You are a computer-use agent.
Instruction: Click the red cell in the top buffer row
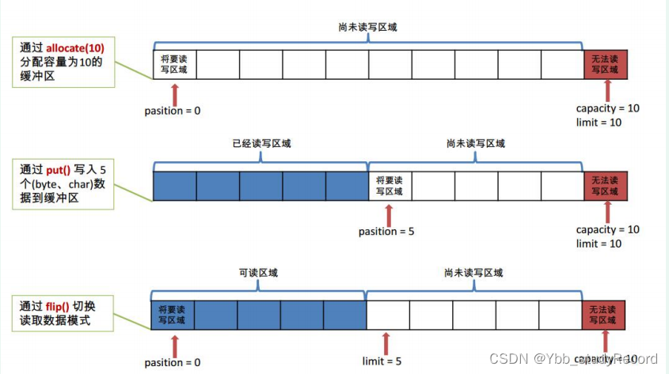coord(606,63)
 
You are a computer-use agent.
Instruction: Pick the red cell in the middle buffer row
coord(606,185)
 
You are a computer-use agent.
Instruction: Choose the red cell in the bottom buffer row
coord(606,314)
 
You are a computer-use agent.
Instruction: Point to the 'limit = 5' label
coord(382,361)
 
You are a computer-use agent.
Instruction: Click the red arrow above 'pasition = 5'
coord(388,213)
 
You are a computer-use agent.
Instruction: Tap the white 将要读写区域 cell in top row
coord(173,63)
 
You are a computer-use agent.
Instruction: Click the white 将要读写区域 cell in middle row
coord(390,185)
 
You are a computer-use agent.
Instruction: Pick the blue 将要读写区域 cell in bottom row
coord(172,314)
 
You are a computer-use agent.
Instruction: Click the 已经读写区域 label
coord(261,143)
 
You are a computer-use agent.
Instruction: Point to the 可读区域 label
coord(259,273)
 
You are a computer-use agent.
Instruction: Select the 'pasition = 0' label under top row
coord(173,110)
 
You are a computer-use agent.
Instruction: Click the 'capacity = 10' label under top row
coord(607,108)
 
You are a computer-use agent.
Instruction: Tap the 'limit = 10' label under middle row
coord(599,244)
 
